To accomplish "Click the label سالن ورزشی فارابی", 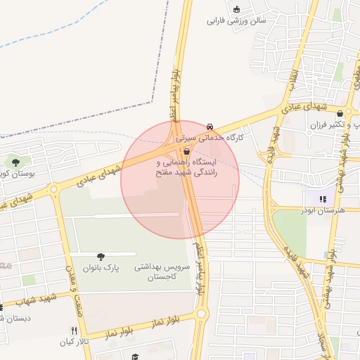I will (x=236, y=21).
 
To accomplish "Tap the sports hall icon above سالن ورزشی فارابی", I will (x=237, y=9).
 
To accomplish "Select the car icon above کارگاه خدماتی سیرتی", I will (x=210, y=127).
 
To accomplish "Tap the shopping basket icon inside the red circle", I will (x=186, y=151).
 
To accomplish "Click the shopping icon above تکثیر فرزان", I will (x=340, y=113).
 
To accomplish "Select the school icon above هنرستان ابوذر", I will (x=323, y=198).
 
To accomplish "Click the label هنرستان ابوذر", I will (x=320, y=210).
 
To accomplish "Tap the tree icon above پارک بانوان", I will (x=101, y=257).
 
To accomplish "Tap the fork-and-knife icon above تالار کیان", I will (x=74, y=330).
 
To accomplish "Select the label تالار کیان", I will (x=75, y=342).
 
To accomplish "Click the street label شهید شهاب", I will (x=26, y=302).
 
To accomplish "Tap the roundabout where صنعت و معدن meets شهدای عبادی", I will (x=53, y=188).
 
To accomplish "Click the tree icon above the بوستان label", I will (x=15, y=162).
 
